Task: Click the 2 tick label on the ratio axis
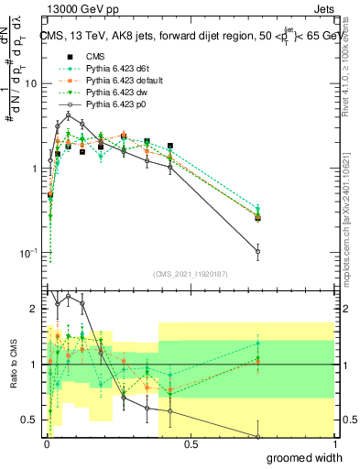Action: pyautogui.click(x=35, y=309)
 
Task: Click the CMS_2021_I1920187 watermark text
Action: pyautogui.click(x=191, y=273)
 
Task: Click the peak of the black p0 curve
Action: pyautogui.click(x=68, y=115)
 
